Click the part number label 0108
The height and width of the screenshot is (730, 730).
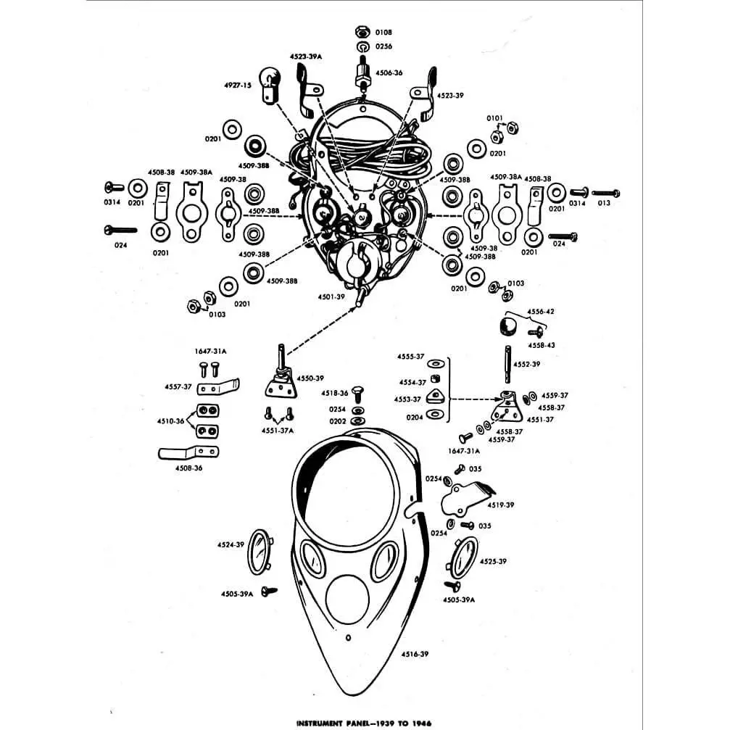pyautogui.click(x=383, y=32)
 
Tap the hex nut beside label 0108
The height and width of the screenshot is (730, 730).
pyautogui.click(x=362, y=32)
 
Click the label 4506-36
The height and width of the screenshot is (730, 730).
pyautogui.click(x=389, y=72)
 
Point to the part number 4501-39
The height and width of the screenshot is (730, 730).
pyautogui.click(x=331, y=296)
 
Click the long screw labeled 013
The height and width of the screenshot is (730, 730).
pyautogui.click(x=606, y=193)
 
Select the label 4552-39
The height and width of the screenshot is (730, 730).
pyautogui.click(x=526, y=364)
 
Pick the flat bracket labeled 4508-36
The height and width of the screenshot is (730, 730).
pyautogui.click(x=188, y=452)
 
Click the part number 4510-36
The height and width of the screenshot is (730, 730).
pyautogui.click(x=170, y=421)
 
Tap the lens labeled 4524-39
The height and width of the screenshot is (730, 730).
pyautogui.click(x=260, y=552)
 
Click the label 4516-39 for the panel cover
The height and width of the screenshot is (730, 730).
pyautogui.click(x=415, y=654)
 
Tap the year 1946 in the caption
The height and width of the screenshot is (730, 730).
pyautogui.click(x=421, y=723)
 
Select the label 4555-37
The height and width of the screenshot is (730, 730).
pyautogui.click(x=410, y=356)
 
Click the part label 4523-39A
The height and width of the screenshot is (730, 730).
pyautogui.click(x=306, y=57)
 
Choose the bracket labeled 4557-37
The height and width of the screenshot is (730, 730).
pyautogui.click(x=218, y=387)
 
